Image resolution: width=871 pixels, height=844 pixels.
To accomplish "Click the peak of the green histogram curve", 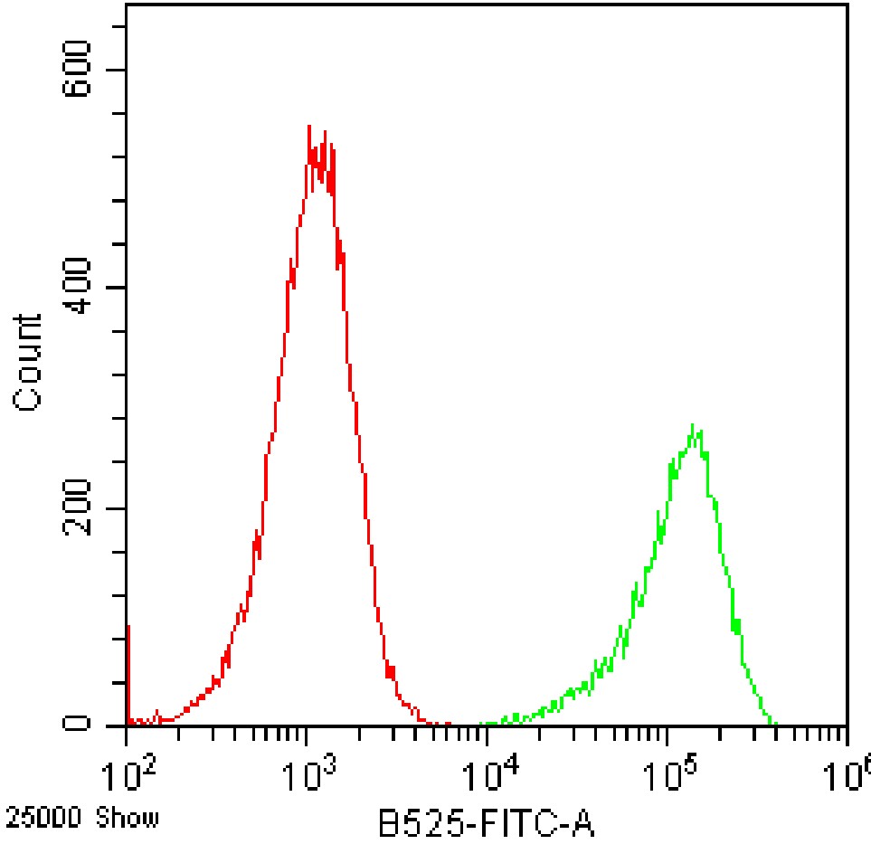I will (692, 424).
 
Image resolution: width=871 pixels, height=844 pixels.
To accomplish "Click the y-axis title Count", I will (28, 363).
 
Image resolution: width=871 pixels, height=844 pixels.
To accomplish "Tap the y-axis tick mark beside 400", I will (119, 289).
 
